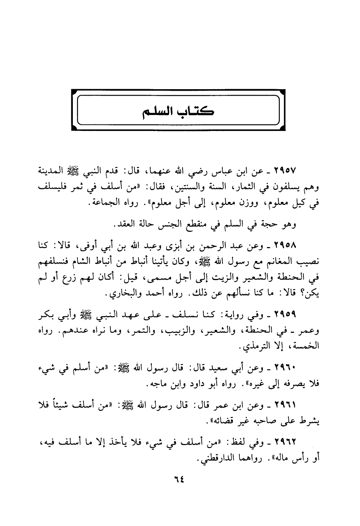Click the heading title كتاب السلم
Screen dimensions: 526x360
178,112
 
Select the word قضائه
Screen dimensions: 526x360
219,421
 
